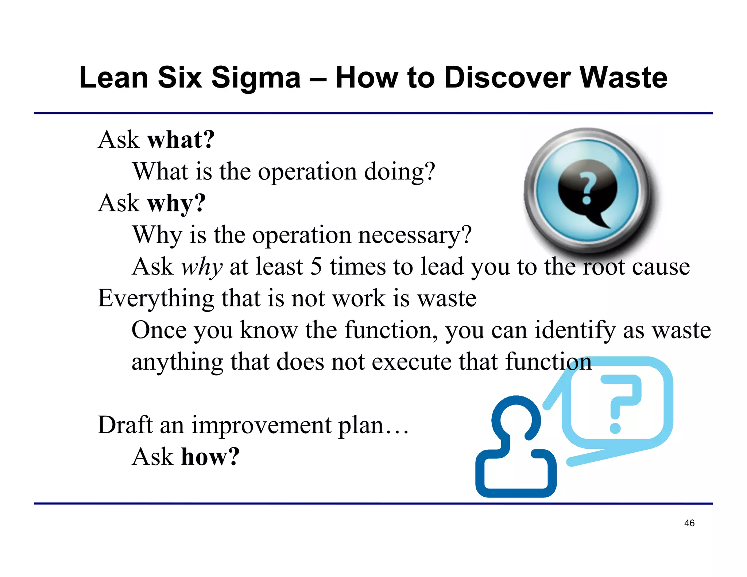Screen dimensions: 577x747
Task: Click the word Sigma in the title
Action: pyautogui.click(x=256, y=78)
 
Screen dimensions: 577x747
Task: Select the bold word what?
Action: pyautogui.click(x=181, y=140)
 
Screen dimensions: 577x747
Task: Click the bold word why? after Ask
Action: pyautogui.click(x=177, y=203)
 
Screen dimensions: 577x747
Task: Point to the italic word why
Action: pyautogui.click(x=202, y=267)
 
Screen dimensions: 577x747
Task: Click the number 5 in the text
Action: pyautogui.click(x=316, y=266)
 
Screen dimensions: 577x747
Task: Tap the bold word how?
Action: pyautogui.click(x=210, y=457)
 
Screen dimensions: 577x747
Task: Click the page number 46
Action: pyautogui.click(x=689, y=523)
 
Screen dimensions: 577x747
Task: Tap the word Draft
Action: pyautogui.click(x=125, y=425)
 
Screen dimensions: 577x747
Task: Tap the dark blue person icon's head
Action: pyautogui.click(x=516, y=419)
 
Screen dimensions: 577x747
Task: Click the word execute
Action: pyautogui.click(x=411, y=362)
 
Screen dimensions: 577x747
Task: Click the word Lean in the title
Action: pyautogui.click(x=114, y=78)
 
